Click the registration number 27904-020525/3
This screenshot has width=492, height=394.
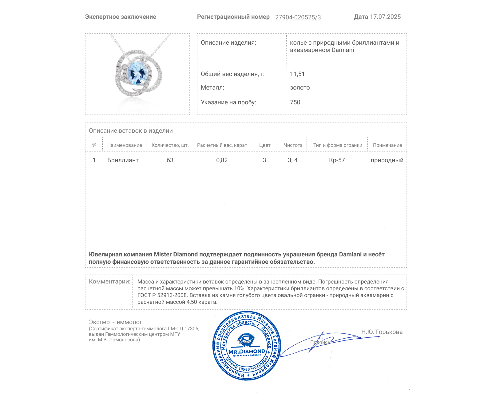point(298,17)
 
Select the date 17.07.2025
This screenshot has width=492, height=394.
point(385,17)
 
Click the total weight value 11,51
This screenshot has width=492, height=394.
point(297,74)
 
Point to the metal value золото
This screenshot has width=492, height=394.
point(300,87)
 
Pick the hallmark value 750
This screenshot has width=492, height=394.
point(295,102)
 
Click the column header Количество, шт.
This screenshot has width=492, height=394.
point(170,145)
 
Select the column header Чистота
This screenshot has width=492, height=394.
point(293,145)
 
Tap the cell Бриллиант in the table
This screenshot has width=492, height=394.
point(123,160)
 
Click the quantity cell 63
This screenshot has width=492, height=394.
point(170,160)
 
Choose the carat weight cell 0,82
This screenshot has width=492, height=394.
point(222,160)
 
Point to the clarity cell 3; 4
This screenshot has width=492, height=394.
point(292,160)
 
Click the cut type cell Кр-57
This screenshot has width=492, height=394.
point(337,160)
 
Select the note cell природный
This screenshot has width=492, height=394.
point(387,160)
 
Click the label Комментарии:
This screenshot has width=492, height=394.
point(109,281)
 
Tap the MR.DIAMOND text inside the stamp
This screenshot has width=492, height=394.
point(247,351)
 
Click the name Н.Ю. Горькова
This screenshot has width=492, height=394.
point(382,332)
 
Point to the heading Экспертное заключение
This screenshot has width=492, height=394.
point(121,17)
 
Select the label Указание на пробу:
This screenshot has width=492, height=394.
point(228,102)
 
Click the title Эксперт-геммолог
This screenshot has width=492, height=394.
point(115,322)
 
